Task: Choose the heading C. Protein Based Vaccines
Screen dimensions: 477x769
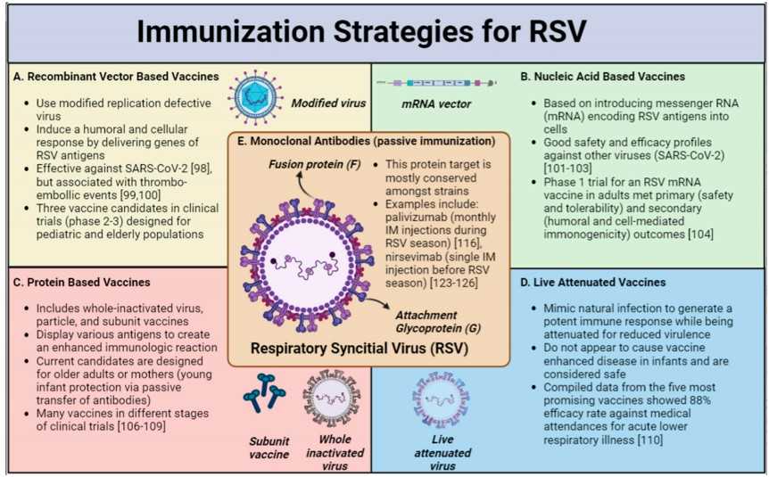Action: [81, 283]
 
